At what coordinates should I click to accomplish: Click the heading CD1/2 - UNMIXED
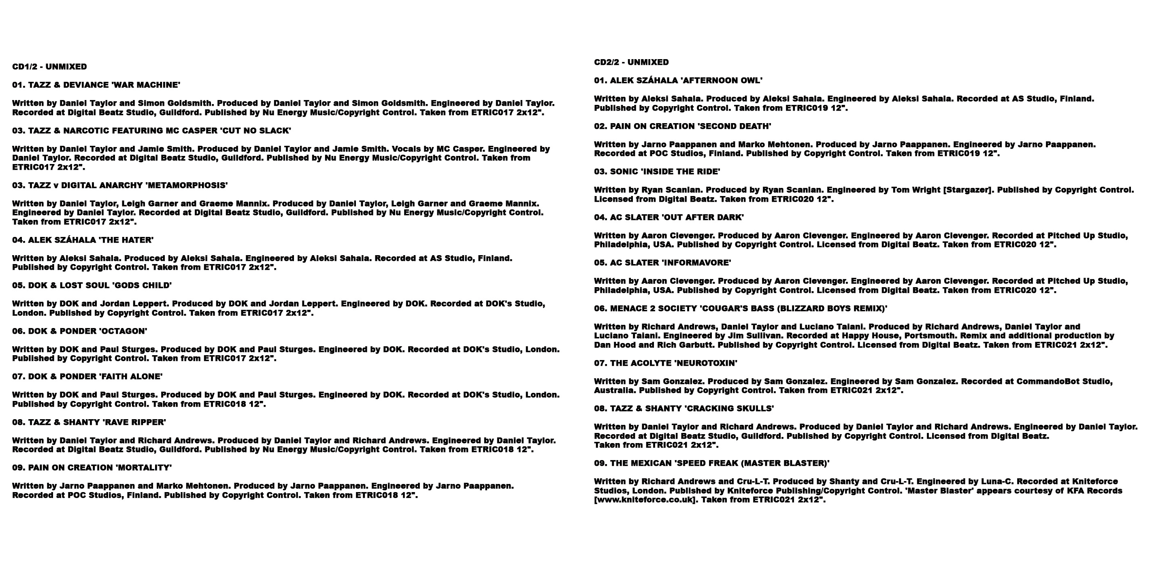tap(49, 67)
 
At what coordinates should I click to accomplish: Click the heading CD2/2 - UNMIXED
tap(631, 62)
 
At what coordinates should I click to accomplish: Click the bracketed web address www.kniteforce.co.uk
tap(645, 500)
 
